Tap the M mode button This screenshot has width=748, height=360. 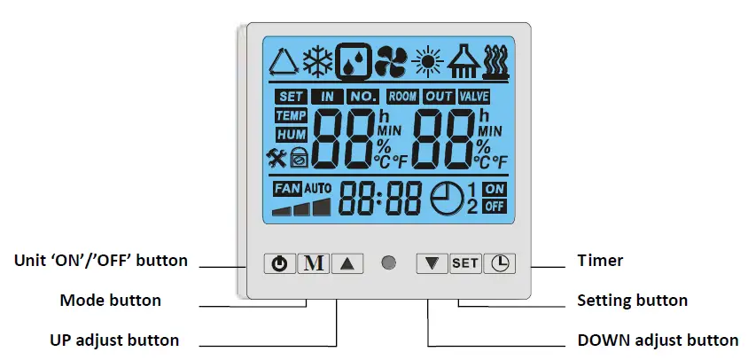point(311,263)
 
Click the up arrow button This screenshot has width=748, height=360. point(347,263)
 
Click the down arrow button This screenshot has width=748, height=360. point(432,263)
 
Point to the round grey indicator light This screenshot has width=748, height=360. point(388,263)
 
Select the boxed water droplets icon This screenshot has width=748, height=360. point(355,61)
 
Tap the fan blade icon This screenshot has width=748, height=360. point(390,62)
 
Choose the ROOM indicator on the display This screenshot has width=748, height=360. point(403,96)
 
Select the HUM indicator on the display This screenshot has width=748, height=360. point(291,134)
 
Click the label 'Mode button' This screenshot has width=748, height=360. point(110,300)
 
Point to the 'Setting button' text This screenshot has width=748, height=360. point(632,300)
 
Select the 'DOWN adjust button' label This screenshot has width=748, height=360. point(657,340)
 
